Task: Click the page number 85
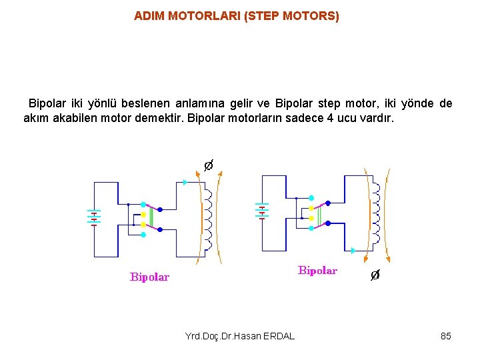(446, 336)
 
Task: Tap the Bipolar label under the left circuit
(149, 277)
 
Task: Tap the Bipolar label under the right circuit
(317, 271)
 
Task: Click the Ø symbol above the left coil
(208, 165)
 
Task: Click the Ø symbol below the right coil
(375, 275)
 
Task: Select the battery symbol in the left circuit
(94, 217)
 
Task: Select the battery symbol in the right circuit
(261, 211)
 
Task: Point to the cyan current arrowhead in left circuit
(185, 182)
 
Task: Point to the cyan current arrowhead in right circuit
(352, 251)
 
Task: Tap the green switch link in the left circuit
(151, 217)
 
